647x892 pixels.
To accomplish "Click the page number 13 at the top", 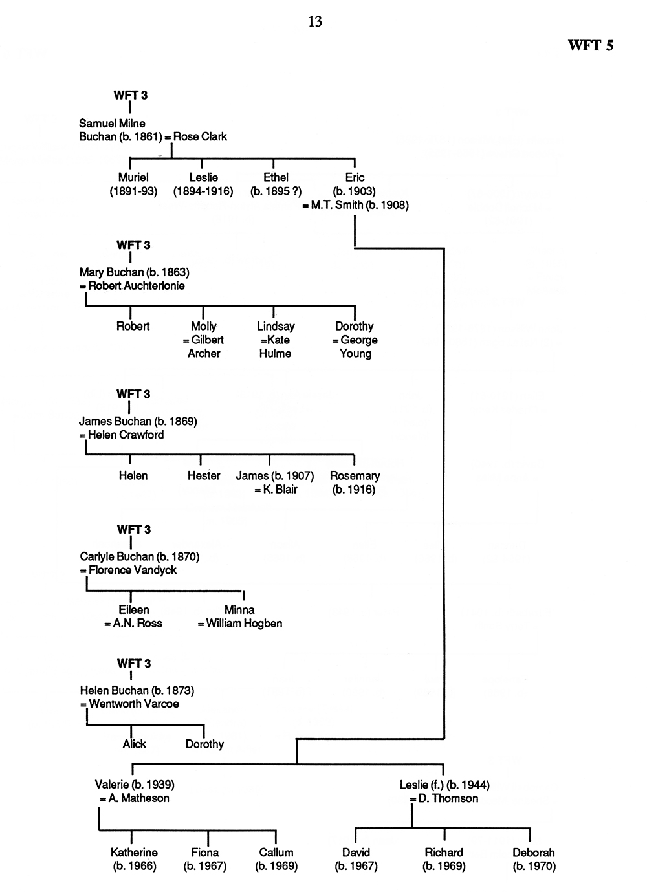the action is coord(315,21).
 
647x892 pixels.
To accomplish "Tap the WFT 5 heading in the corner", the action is coord(591,45).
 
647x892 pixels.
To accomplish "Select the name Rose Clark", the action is coord(200,136).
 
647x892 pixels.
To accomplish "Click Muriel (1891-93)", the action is coord(133,184).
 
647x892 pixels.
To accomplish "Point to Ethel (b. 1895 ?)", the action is coord(276,184).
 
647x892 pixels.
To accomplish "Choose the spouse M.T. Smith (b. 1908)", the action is coord(360,205).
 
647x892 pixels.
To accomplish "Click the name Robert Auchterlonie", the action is coord(137,286).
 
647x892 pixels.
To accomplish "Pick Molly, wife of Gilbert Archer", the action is coord(204,326).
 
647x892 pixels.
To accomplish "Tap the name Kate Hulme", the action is coord(275,347).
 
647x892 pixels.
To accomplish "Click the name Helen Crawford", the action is coord(126,435).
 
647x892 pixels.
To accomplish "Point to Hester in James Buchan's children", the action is coord(204,476).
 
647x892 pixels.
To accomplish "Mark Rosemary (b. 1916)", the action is coord(355,483).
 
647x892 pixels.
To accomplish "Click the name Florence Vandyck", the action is coord(133,571).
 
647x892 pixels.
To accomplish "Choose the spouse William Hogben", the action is coord(244,623).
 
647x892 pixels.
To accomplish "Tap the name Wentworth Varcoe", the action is coord(134,704).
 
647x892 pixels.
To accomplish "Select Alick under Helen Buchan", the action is coord(135,744).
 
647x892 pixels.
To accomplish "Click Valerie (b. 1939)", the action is coord(135,785).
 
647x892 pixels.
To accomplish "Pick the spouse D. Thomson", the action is coord(448,798).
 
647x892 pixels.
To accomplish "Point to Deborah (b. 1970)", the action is coord(534,859).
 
